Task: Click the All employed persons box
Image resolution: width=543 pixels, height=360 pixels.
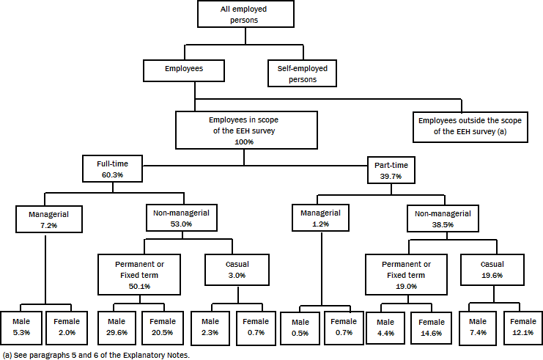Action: (245, 15)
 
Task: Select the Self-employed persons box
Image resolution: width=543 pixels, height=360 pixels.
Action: (302, 73)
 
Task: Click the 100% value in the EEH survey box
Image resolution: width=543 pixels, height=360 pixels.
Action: (245, 142)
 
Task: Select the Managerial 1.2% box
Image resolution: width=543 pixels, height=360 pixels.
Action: (321, 218)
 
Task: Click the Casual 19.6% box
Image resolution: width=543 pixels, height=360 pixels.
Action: (492, 270)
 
